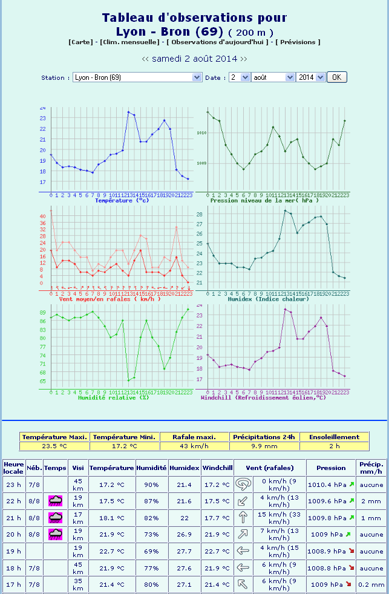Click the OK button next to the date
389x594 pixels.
(x=336, y=77)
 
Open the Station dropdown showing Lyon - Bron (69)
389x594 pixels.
(x=137, y=77)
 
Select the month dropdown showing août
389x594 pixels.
(x=272, y=77)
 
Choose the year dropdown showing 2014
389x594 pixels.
(x=310, y=77)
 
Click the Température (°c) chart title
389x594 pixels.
(x=122, y=200)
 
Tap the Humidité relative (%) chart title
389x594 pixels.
(x=113, y=397)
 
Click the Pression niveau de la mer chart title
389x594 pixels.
(x=270, y=200)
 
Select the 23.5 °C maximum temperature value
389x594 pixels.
(x=54, y=446)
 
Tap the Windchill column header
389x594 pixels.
(x=218, y=468)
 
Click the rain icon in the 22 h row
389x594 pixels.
(x=56, y=501)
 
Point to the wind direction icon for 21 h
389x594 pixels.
(x=242, y=517)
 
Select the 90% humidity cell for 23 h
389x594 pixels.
(x=151, y=485)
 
